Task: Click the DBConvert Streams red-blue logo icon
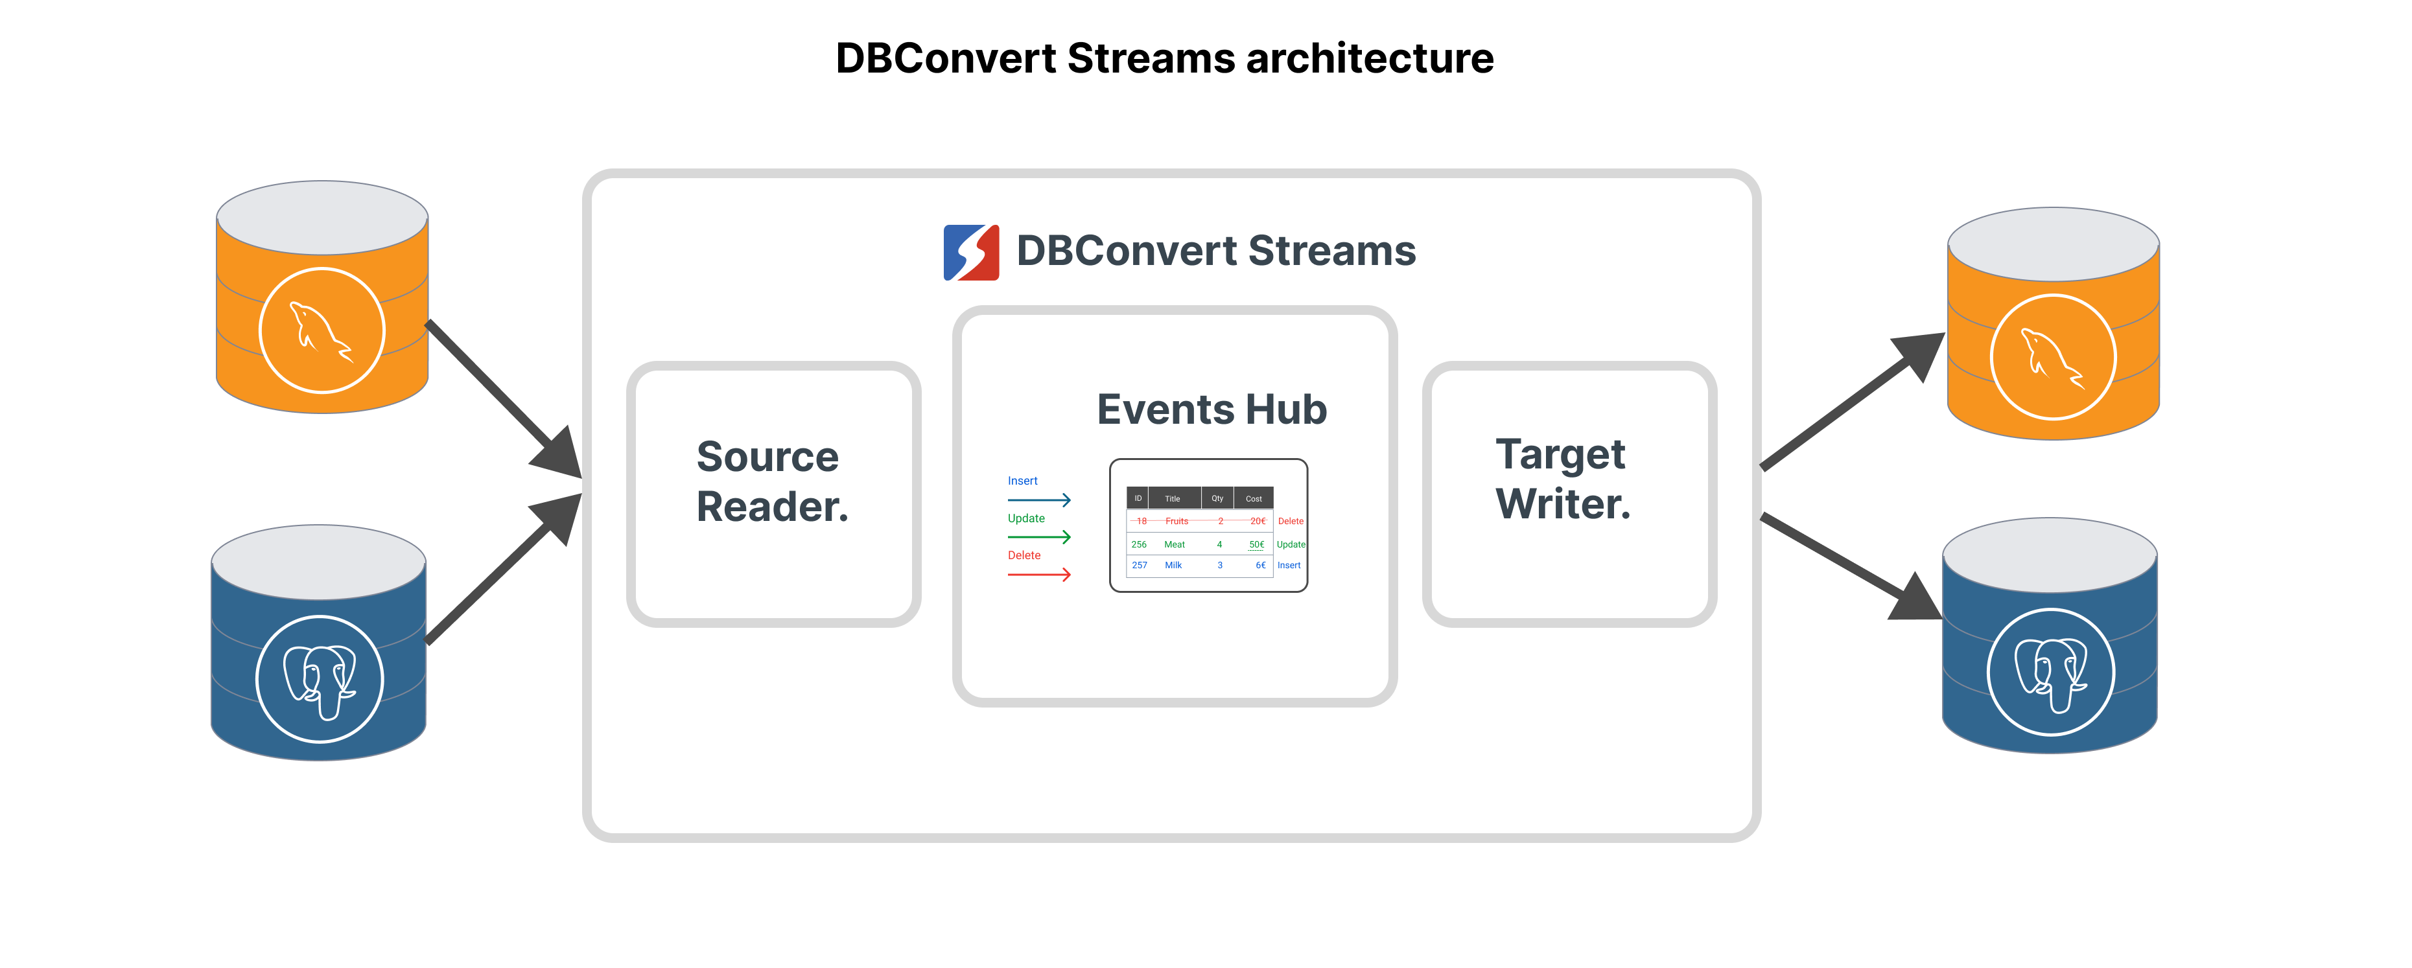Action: pos(971,252)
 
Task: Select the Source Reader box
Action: pos(773,493)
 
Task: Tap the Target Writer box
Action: pos(1569,493)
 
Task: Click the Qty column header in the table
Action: pos(1217,498)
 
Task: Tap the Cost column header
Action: pos(1254,498)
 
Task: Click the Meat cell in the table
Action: pos(1174,544)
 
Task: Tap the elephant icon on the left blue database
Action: pos(320,679)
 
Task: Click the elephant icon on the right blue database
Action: pos(2050,672)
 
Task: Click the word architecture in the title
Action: pos(1369,58)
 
